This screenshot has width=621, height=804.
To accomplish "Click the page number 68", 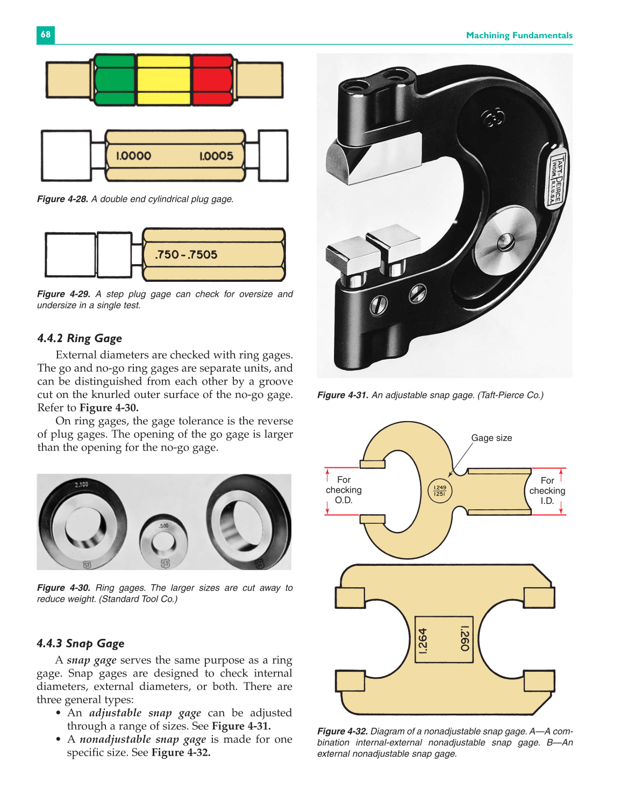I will tap(46, 34).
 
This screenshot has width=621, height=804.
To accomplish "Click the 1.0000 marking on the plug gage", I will tap(133, 156).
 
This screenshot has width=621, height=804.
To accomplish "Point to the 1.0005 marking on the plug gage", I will tap(216, 156).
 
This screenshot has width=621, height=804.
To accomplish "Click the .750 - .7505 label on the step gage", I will tap(186, 254).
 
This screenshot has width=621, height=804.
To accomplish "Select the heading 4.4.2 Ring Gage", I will tap(80, 338).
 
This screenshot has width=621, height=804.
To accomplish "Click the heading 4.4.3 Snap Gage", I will tap(81, 643).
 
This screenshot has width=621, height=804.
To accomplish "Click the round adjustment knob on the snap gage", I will tap(505, 239).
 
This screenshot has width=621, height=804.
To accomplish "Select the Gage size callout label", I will tap(491, 438).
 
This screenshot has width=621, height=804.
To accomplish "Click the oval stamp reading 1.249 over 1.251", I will tap(440, 490).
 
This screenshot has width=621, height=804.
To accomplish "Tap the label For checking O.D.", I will tap(344, 490).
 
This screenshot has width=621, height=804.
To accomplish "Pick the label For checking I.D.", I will tap(547, 490).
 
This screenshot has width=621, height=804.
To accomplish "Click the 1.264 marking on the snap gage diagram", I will tap(423, 641).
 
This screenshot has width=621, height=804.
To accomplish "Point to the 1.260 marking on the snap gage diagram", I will tap(465, 638).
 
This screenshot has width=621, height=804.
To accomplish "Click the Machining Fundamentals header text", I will tap(519, 35).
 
